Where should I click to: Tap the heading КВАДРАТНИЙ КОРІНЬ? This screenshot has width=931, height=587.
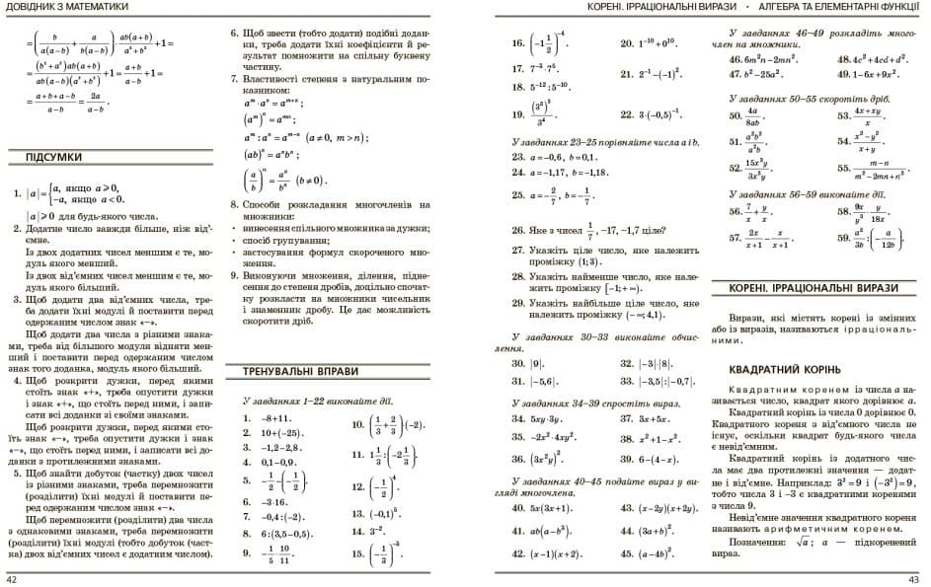tap(774, 371)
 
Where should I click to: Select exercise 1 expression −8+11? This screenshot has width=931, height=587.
tap(278, 418)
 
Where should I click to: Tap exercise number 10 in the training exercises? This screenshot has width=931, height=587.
tap(357, 425)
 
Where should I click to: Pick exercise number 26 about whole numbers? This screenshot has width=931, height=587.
tap(517, 231)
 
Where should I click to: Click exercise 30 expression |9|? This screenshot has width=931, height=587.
tap(543, 363)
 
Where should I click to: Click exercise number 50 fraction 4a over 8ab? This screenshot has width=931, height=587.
tap(736, 115)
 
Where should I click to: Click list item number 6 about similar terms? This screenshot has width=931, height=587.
tap(234, 33)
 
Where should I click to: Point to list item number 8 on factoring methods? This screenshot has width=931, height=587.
tap(234, 204)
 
